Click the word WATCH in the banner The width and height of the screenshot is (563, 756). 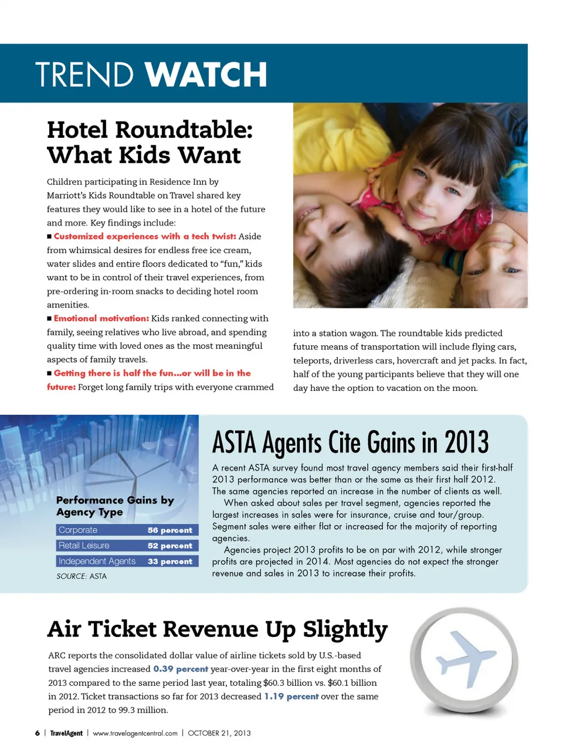pyautogui.click(x=206, y=75)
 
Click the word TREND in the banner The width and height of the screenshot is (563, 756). pyautogui.click(x=84, y=75)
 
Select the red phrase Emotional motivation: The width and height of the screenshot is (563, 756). pyautogui.click(x=101, y=318)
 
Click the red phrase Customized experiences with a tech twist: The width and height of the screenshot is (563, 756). pyautogui.click(x=145, y=236)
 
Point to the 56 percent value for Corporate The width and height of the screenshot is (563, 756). pyautogui.click(x=169, y=530)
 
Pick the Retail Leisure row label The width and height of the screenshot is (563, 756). pyautogui.click(x=84, y=546)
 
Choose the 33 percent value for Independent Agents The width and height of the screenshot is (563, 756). pyautogui.click(x=169, y=561)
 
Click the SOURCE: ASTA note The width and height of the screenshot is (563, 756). pyautogui.click(x=82, y=576)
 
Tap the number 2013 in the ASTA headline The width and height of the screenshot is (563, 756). pyautogui.click(x=466, y=443)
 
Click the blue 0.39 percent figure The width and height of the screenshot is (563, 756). pyautogui.click(x=181, y=669)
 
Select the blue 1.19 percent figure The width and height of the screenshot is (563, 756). pyautogui.click(x=291, y=696)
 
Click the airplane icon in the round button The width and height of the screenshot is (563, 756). pyautogui.click(x=465, y=658)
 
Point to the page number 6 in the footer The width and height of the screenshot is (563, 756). pyautogui.click(x=38, y=733)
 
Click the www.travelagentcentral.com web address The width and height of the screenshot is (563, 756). pyautogui.click(x=135, y=733)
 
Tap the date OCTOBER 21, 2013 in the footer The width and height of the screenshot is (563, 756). pyautogui.click(x=219, y=733)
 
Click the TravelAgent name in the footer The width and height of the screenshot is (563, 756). pyautogui.click(x=66, y=733)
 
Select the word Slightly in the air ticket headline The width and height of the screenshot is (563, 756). pyautogui.click(x=345, y=629)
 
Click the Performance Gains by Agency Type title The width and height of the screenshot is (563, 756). pyautogui.click(x=115, y=506)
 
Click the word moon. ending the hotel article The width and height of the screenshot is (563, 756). pyautogui.click(x=464, y=388)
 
